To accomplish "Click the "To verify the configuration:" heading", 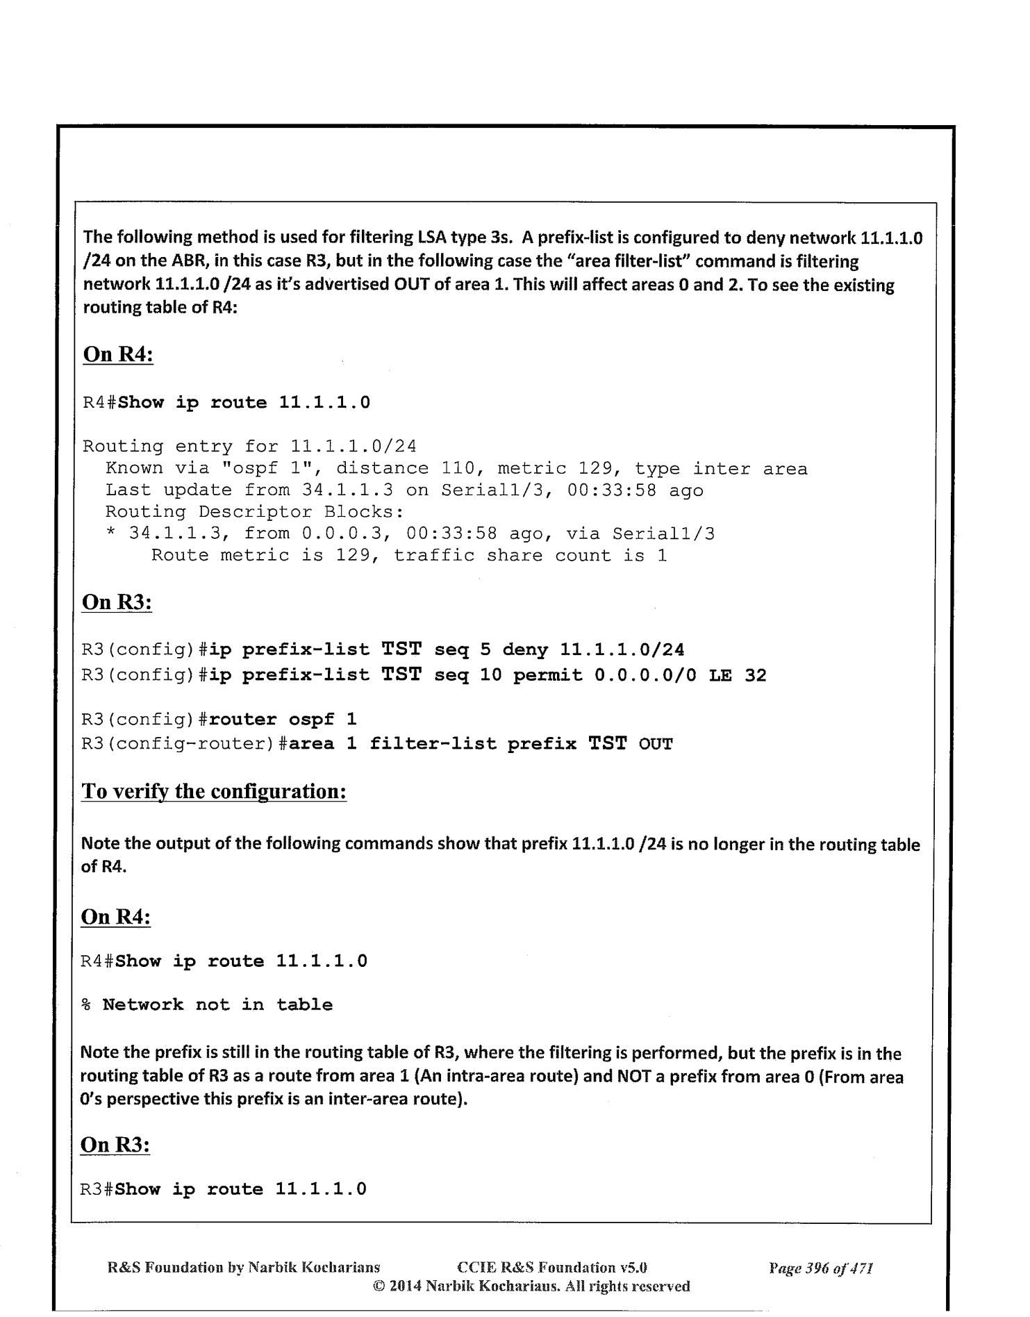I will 214,791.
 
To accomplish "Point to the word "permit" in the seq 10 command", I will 548,675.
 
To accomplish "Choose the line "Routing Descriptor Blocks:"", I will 255,512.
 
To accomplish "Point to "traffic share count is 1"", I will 531,555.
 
